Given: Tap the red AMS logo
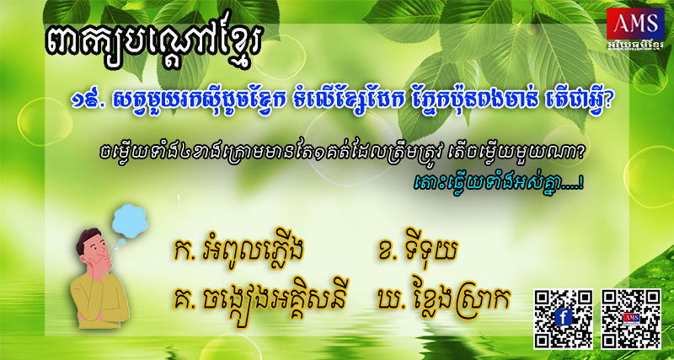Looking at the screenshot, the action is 635,24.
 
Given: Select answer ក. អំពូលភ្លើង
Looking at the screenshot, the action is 238,252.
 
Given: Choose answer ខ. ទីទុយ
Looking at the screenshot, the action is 415,251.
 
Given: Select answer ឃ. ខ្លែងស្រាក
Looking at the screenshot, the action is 442,299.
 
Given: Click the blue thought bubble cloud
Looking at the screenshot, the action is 130,222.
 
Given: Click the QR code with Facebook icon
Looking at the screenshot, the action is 563,319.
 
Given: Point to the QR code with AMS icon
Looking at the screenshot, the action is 630,319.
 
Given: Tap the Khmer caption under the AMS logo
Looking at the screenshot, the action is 635,46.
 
